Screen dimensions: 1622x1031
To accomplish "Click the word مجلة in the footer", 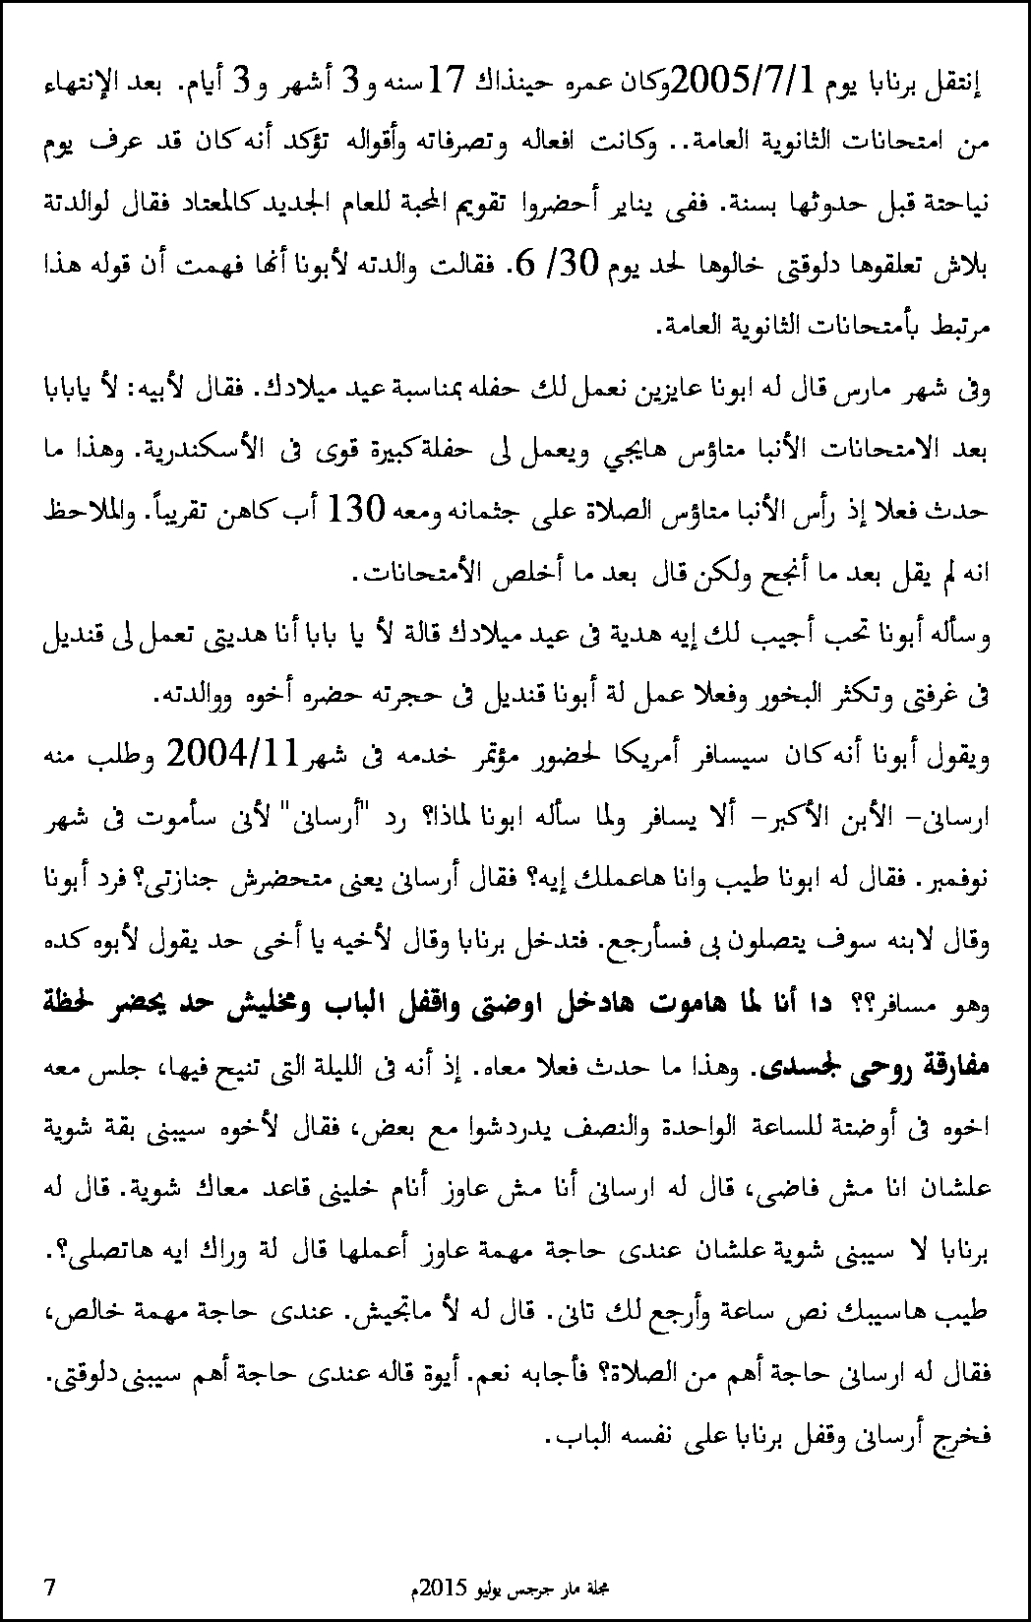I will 595,1587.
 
